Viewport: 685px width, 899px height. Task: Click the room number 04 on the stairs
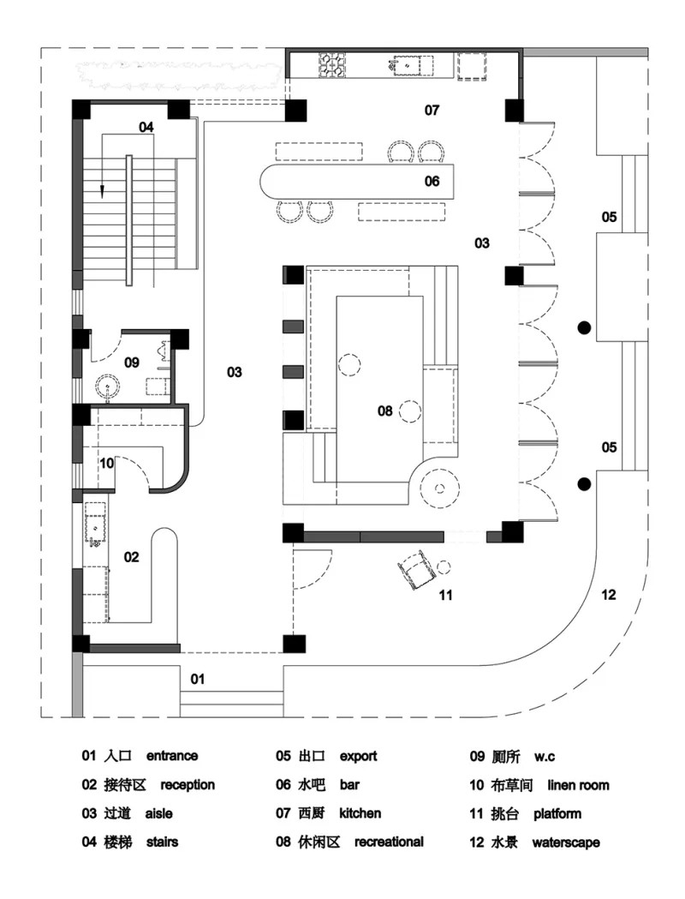pos(146,127)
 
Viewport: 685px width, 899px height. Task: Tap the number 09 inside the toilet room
pos(131,363)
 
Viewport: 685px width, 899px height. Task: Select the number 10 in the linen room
pos(107,463)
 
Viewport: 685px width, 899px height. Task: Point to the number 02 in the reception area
pos(131,557)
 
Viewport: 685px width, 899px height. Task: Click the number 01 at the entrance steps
pos(198,680)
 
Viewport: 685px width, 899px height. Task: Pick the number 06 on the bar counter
pos(432,181)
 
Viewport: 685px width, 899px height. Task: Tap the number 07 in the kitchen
pos(432,110)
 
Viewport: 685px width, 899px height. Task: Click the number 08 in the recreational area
pos(384,411)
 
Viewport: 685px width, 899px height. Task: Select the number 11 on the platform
pos(445,595)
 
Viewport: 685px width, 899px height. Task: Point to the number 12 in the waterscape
pos(609,595)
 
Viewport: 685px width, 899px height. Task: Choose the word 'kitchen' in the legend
pos(360,813)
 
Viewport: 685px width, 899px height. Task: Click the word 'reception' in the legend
pos(188,785)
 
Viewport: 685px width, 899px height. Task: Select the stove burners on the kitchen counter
pos(332,64)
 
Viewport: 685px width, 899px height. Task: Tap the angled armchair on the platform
pos(416,569)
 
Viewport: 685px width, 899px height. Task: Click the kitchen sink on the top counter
pos(408,64)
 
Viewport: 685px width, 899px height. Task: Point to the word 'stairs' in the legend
pos(163,842)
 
